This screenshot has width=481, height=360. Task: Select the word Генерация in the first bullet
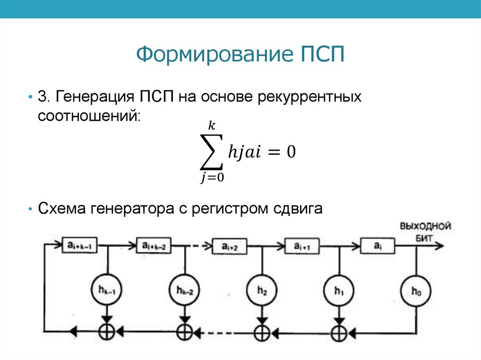click(x=94, y=97)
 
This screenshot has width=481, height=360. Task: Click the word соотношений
click(x=89, y=116)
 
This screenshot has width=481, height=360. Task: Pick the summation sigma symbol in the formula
click(x=212, y=152)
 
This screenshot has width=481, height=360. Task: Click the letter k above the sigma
click(x=212, y=125)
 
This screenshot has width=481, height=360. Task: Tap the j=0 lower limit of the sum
click(x=212, y=178)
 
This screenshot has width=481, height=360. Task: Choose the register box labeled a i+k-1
click(x=80, y=245)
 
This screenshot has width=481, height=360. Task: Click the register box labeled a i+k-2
click(x=154, y=245)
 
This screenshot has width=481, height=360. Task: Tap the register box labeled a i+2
click(x=229, y=246)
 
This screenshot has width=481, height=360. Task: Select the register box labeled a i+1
click(x=302, y=246)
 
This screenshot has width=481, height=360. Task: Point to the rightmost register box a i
click(x=377, y=245)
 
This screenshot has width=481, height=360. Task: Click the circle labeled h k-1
click(x=107, y=290)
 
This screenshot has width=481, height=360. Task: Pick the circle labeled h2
click(x=262, y=290)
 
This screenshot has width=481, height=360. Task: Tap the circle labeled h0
click(x=416, y=291)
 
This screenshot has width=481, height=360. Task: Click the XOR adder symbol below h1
click(x=339, y=333)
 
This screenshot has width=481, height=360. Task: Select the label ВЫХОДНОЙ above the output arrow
click(x=426, y=226)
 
